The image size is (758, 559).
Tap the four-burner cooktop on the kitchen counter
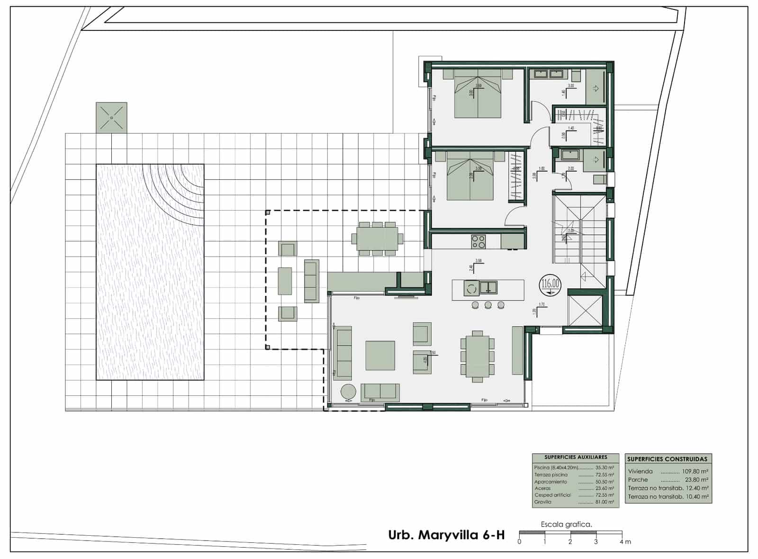click(478, 242)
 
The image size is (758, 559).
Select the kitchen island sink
click(488, 287)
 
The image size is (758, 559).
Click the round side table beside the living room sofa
click(349, 392)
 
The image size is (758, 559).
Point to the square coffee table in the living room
click(380, 356)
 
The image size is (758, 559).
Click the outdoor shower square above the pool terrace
click(111, 117)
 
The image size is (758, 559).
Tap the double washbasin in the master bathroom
click(549, 74)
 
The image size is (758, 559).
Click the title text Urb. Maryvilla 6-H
click(446, 535)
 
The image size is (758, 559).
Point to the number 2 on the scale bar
click(570, 541)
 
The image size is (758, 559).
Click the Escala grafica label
click(566, 524)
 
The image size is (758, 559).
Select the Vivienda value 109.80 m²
click(695, 471)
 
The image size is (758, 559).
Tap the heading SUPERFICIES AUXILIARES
click(575, 458)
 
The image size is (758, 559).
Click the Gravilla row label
click(542, 502)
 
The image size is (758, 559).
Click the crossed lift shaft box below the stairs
click(586, 311)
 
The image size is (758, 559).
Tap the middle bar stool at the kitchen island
click(488, 305)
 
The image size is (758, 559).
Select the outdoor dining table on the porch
click(377, 238)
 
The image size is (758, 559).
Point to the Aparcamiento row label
click(550, 482)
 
